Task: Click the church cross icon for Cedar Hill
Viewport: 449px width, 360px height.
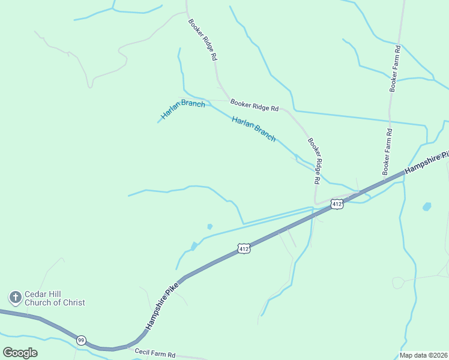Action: tap(15, 297)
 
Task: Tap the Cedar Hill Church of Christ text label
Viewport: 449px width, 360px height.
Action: tap(54, 298)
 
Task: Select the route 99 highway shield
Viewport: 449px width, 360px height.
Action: tap(81, 340)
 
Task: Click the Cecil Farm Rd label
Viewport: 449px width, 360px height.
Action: tap(155, 354)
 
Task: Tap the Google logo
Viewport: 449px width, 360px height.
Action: tap(20, 352)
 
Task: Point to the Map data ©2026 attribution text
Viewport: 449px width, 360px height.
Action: tap(423, 355)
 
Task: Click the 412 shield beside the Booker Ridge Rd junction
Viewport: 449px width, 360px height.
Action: tap(337, 204)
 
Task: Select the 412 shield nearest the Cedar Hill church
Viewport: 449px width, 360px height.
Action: tap(243, 248)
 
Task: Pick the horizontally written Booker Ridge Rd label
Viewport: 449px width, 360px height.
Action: tap(255, 106)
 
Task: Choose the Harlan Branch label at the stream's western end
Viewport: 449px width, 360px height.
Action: tap(182, 109)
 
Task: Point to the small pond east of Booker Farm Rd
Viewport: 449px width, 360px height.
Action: tap(427, 206)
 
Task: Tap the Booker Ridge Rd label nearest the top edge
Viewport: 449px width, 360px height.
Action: tap(202, 40)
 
